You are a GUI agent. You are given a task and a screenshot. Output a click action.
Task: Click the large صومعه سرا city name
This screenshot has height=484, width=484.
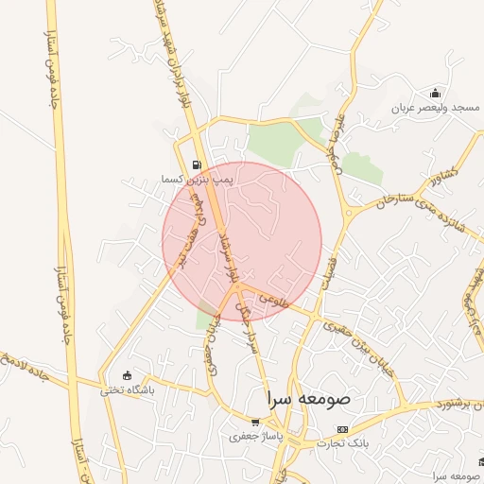coord(309,399)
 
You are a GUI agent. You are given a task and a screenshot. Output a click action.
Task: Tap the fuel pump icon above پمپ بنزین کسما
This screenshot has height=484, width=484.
coord(197,164)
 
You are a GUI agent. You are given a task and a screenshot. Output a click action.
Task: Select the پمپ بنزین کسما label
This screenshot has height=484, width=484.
coord(198,178)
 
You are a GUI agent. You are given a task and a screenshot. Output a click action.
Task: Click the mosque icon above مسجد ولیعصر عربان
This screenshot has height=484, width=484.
coord(435,93)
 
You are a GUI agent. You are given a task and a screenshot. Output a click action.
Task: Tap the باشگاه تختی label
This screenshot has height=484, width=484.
coord(128,389)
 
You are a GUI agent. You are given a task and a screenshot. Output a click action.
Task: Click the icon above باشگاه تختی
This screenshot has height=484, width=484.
coord(128,375)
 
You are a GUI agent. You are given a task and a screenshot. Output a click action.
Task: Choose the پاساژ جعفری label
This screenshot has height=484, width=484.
coord(254,437)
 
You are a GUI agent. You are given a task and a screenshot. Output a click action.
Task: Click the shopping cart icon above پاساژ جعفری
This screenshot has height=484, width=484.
coord(255,423)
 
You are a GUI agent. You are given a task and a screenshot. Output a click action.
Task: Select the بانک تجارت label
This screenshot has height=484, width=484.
coord(342,442)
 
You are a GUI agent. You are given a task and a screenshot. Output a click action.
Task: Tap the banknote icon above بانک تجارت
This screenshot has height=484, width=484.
coord(342,429)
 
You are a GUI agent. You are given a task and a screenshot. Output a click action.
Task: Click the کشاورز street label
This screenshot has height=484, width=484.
coord(441,174)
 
